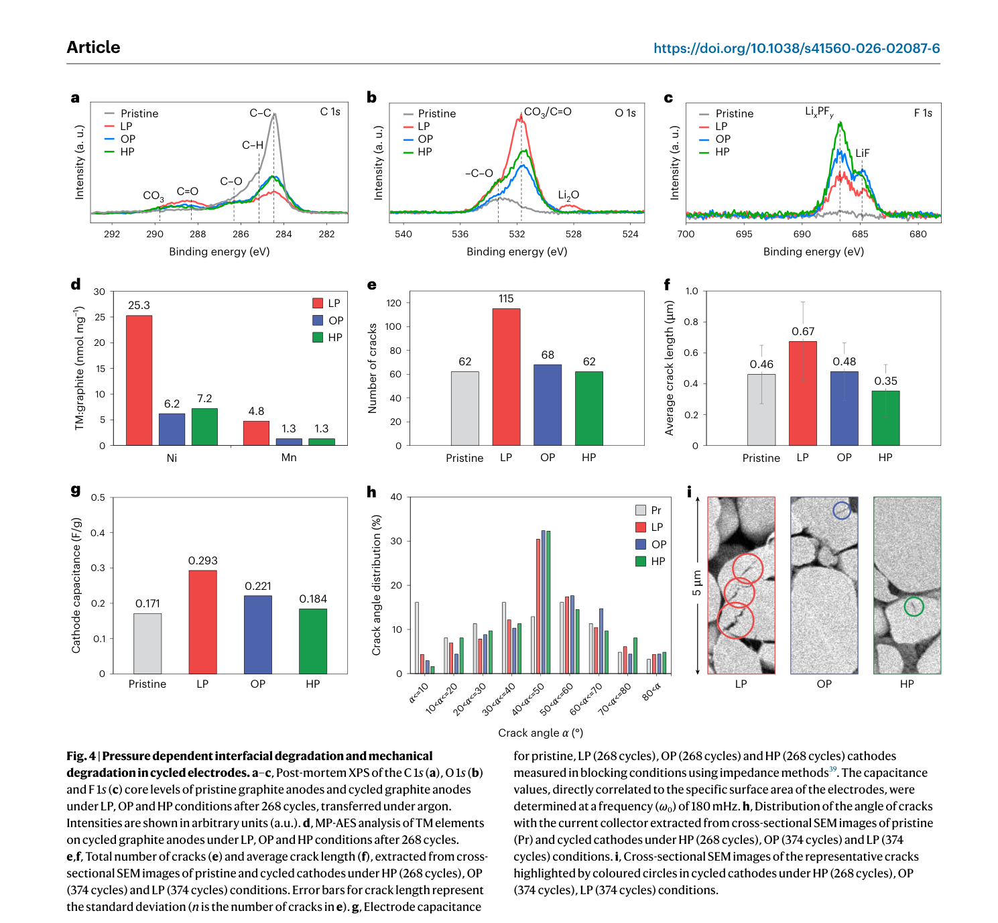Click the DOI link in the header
point(796,48)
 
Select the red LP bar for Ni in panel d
point(139,380)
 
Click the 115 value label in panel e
point(506,299)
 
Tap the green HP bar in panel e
point(589,408)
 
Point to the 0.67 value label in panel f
point(803,331)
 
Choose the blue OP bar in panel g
point(258,634)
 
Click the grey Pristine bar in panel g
point(147,643)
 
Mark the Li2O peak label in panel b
point(568,195)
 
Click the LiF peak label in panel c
point(863,153)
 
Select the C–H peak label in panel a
point(253,145)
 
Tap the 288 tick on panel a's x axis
point(198,234)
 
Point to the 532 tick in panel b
point(517,234)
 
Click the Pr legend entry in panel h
point(648,510)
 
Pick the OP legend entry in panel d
point(328,320)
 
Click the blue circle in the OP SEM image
point(842,510)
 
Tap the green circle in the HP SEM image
point(914,606)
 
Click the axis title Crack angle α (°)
point(540,733)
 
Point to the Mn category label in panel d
point(289,457)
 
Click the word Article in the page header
point(93,47)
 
